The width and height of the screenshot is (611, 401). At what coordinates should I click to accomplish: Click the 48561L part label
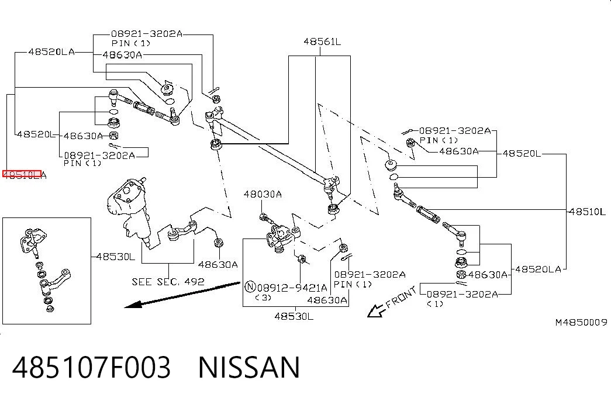pyautogui.click(x=322, y=42)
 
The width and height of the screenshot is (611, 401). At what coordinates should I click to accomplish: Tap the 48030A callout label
pyautogui.click(x=263, y=194)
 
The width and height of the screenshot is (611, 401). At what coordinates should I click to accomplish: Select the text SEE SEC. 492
pyautogui.click(x=168, y=281)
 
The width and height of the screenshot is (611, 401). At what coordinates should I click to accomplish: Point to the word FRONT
pyautogui.click(x=401, y=298)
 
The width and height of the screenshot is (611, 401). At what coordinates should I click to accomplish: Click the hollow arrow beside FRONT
pyautogui.click(x=377, y=310)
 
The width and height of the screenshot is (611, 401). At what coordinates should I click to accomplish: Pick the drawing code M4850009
pyautogui.click(x=581, y=322)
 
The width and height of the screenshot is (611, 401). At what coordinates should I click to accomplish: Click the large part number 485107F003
pyautogui.click(x=92, y=367)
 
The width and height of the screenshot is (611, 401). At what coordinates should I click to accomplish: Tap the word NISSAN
pyautogui.click(x=250, y=367)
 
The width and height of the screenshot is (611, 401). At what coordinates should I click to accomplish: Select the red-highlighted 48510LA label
pyautogui.click(x=24, y=175)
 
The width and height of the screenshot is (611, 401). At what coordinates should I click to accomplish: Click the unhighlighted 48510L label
pyautogui.click(x=587, y=212)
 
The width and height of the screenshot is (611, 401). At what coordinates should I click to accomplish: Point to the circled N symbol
pyautogui.click(x=250, y=287)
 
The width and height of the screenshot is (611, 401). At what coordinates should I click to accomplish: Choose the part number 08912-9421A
pyautogui.click(x=292, y=288)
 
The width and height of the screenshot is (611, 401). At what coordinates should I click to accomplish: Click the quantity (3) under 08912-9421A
pyautogui.click(x=263, y=298)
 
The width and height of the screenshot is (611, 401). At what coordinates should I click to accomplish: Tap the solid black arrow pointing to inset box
pyautogui.click(x=182, y=295)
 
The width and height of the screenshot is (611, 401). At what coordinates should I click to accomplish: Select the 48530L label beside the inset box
pyautogui.click(x=116, y=257)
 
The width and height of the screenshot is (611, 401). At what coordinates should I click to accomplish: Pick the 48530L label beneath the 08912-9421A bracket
pyautogui.click(x=294, y=316)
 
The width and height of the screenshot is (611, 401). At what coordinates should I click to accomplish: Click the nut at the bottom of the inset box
pyautogui.click(x=50, y=309)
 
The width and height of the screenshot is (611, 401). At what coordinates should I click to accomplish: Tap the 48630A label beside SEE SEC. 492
pyautogui.click(x=218, y=265)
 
